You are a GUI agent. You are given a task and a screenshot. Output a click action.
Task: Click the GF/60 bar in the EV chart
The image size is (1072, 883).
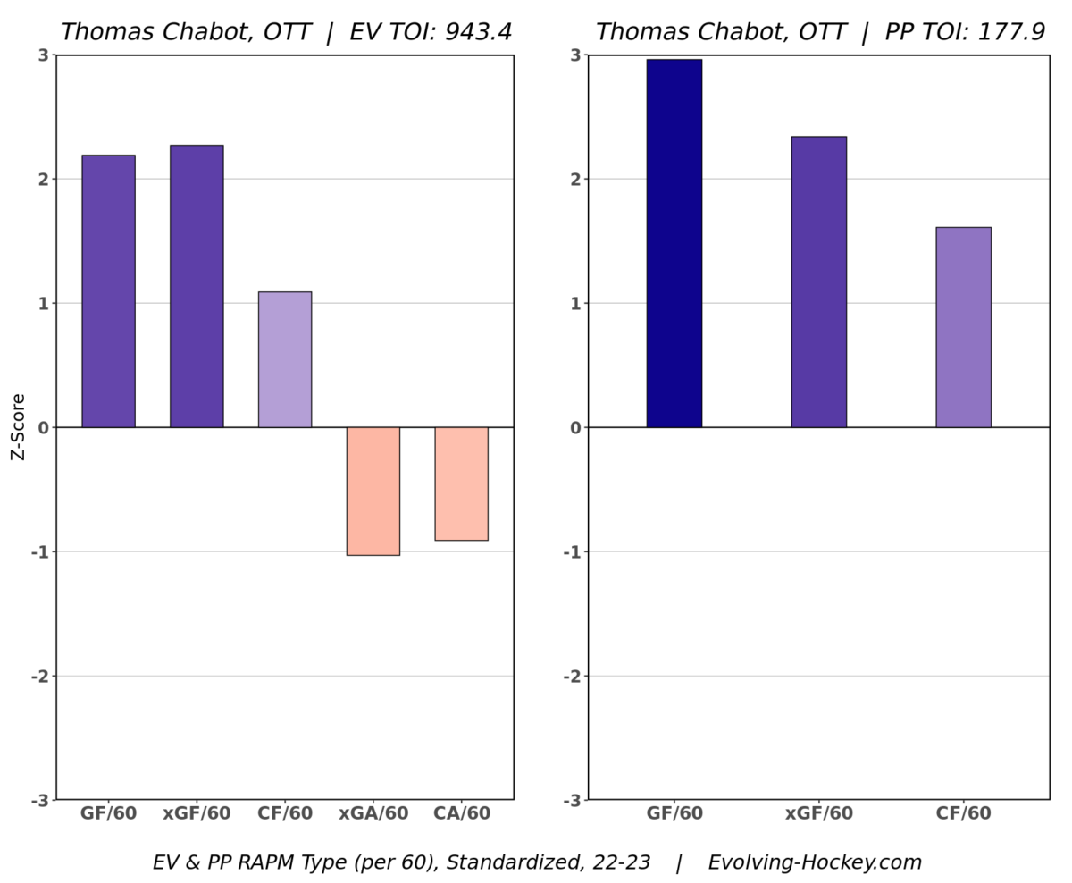point(108,291)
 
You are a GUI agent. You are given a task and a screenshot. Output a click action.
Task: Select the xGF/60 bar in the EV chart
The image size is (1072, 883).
point(197,286)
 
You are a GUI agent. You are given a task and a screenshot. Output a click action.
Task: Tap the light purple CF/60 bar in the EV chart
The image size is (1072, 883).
point(285,359)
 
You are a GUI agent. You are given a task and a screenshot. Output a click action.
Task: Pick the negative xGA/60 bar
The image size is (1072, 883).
point(373,491)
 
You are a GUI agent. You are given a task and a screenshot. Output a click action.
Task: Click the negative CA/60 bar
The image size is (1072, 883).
point(461,484)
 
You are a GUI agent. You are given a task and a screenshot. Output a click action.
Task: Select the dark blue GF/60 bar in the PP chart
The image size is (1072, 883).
point(674,243)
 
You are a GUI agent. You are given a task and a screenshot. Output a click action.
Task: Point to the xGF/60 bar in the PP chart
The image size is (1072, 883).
point(818,282)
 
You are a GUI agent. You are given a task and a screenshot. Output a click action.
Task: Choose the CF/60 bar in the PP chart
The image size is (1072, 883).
point(963,327)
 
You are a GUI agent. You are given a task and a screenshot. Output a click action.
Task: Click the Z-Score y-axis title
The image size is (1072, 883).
point(18,427)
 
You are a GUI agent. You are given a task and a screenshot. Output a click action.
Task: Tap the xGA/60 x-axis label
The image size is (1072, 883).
point(373,814)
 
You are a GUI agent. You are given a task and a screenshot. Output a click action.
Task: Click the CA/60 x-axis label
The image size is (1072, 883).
point(461,814)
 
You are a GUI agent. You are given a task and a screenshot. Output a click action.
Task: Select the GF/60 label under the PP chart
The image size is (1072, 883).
point(674,814)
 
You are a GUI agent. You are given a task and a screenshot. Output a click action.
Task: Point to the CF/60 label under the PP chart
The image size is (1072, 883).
point(963,814)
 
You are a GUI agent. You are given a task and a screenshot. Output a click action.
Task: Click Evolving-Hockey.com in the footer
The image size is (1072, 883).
point(815,862)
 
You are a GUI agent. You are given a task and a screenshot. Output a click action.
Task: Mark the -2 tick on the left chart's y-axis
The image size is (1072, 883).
point(39,676)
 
